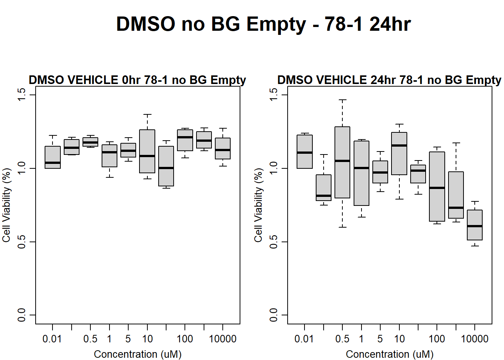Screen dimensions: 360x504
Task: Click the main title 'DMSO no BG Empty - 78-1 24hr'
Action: [x=263, y=24]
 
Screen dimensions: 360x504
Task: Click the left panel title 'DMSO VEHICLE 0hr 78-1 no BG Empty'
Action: [x=137, y=80]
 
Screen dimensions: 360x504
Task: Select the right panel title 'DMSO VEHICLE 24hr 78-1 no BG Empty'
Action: [x=389, y=80]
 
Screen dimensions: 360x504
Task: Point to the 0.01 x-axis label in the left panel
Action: [x=52, y=339]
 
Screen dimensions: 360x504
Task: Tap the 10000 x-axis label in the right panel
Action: [x=474, y=339]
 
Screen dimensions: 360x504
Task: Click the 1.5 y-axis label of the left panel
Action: [x=21, y=95]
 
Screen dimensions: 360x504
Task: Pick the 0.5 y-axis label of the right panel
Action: [x=273, y=242]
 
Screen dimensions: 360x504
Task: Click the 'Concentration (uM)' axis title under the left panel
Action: [x=138, y=354]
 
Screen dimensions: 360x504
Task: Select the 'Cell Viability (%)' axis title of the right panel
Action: [x=258, y=205]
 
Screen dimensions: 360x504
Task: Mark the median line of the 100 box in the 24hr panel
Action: [x=437, y=188]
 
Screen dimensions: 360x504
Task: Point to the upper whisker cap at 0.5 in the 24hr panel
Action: [x=342, y=100]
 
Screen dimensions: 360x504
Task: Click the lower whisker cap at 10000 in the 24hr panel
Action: [x=475, y=246]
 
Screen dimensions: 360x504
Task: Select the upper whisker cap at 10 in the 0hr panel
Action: [x=147, y=114]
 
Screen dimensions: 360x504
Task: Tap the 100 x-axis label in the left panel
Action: [x=185, y=339]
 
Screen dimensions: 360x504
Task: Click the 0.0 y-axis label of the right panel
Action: [x=273, y=315]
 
